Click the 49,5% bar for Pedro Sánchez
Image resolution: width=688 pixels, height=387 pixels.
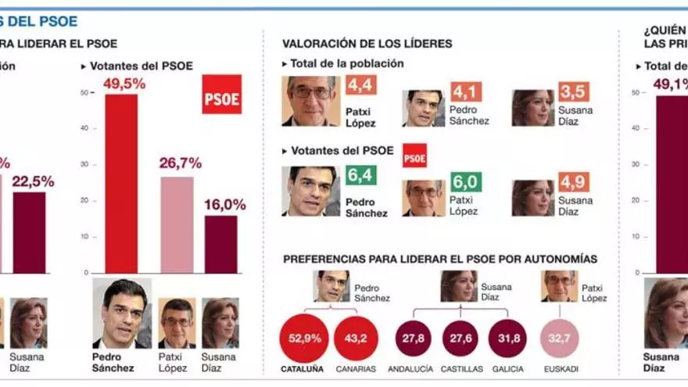[x=121, y=184]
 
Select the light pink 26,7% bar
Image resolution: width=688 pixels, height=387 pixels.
[x=177, y=225]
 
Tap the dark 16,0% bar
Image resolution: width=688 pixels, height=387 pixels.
[x=221, y=244]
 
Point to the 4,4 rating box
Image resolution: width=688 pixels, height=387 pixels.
[x=362, y=85]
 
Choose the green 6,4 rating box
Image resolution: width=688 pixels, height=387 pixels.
[x=361, y=174]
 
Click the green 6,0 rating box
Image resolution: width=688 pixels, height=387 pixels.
[x=465, y=181]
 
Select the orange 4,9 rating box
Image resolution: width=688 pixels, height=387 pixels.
[x=574, y=182]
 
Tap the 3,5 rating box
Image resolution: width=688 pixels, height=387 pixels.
[x=574, y=91]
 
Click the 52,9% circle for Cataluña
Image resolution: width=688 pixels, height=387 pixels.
[x=303, y=338]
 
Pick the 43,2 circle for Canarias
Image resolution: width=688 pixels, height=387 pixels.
[x=356, y=338]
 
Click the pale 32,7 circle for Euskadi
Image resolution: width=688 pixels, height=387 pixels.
[x=562, y=338]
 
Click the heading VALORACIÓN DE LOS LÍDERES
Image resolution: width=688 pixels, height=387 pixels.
[x=367, y=44]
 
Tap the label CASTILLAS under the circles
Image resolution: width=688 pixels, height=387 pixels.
[x=463, y=368]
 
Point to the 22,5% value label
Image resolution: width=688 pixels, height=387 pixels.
[x=33, y=181]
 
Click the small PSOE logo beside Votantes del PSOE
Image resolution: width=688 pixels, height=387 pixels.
[x=414, y=155]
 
